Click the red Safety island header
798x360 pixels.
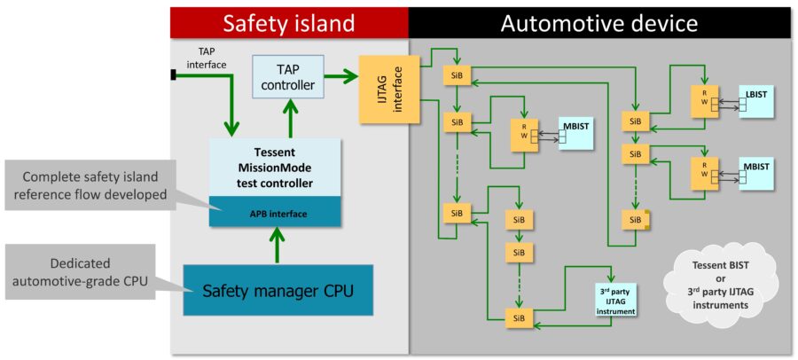tap(289, 23)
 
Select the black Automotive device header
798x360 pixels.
tap(599, 23)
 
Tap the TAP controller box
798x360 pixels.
tap(288, 76)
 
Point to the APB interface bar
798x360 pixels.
tap(276, 212)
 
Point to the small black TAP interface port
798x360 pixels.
tap(174, 75)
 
